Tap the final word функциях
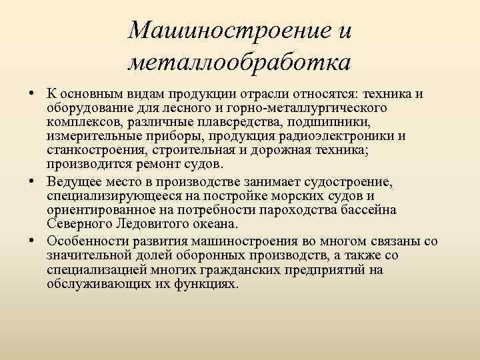(x=203, y=284)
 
